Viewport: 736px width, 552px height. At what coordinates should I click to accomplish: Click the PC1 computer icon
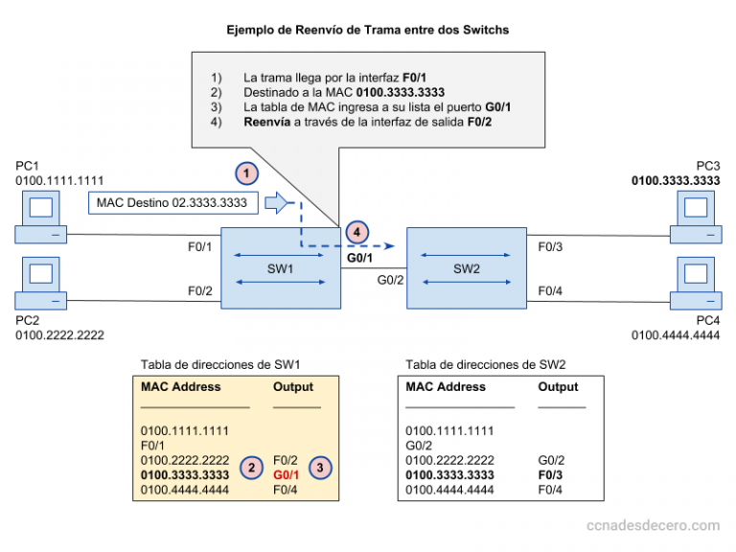[x=41, y=217]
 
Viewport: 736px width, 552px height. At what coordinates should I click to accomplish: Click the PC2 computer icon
[x=41, y=283]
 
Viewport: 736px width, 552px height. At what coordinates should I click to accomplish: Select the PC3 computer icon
[x=696, y=217]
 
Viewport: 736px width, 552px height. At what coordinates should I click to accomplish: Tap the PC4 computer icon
[x=696, y=283]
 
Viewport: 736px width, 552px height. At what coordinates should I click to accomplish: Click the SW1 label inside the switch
[x=280, y=269]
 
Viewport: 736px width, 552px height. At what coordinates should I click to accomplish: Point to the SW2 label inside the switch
[x=467, y=269]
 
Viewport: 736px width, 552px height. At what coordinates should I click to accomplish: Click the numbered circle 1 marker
[x=247, y=173]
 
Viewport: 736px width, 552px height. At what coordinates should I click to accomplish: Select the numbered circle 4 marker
[x=357, y=232]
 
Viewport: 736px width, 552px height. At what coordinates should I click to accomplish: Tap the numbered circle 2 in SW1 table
[x=252, y=468]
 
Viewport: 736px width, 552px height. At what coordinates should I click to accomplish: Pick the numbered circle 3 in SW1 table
[x=320, y=468]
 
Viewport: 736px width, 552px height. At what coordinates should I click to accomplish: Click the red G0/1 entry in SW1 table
[x=286, y=475]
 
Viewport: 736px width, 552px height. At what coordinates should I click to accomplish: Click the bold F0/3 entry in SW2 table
[x=550, y=475]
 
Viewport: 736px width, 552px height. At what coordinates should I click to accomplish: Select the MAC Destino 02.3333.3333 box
[x=173, y=203]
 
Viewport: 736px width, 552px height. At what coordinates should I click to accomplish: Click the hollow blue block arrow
[x=276, y=203]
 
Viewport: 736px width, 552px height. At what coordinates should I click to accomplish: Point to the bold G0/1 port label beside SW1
[x=359, y=258]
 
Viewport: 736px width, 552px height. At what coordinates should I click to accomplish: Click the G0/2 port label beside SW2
[x=391, y=280]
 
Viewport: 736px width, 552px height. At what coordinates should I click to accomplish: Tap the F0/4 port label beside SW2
[x=550, y=291]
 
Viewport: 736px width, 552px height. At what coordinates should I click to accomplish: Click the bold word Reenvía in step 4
[x=267, y=122]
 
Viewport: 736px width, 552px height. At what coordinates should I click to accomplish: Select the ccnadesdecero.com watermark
[x=653, y=525]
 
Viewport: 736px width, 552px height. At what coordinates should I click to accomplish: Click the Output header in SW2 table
[x=558, y=387]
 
